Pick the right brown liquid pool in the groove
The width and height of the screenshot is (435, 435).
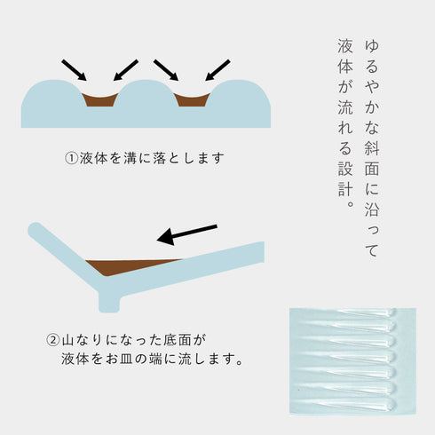pyautogui.click(x=192, y=99)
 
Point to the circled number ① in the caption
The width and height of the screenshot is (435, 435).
pyautogui.click(x=73, y=159)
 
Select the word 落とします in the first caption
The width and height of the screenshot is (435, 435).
pyautogui.click(x=190, y=159)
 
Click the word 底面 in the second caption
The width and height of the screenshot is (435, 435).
pyautogui.click(x=181, y=340)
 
